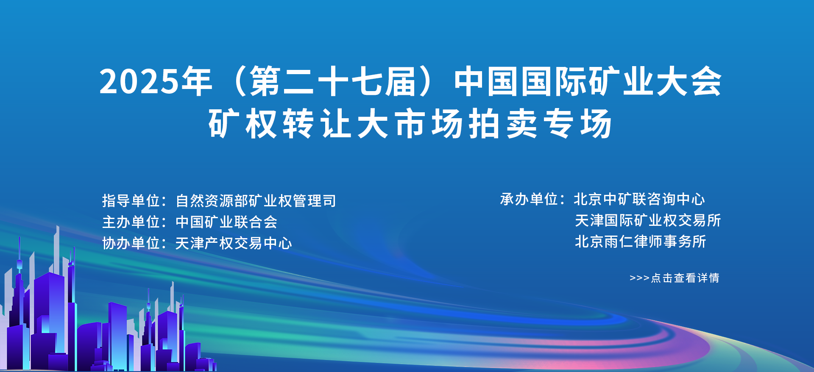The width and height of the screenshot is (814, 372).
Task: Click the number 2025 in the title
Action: pos(140,81)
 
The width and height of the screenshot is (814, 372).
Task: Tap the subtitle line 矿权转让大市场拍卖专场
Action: pos(410,124)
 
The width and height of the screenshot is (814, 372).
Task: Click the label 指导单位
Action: pos(131,200)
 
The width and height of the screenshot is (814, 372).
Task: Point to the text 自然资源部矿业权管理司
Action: pos(256,200)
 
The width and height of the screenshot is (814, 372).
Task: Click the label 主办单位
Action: pos(131,222)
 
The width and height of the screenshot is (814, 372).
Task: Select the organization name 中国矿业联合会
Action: pos(226,222)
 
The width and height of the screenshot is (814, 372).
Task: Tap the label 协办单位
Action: pos(131,243)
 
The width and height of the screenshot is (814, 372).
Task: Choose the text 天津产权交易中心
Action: pos(234,243)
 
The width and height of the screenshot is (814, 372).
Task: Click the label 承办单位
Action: pos(529,199)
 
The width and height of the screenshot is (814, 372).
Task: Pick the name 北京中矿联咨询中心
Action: pos(639,199)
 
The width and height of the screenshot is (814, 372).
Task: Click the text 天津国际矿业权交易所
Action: pos(648,220)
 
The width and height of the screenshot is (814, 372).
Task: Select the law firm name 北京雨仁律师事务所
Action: pos(641,241)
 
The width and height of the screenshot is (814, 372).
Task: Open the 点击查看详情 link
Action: pos(685,278)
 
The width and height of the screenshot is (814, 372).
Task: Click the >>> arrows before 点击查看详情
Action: pos(639,278)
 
